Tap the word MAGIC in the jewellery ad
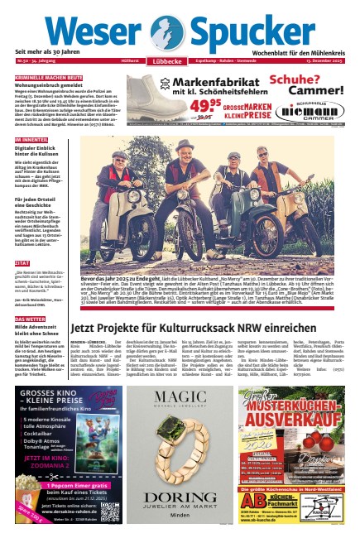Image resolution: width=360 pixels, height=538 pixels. click(180, 395)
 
